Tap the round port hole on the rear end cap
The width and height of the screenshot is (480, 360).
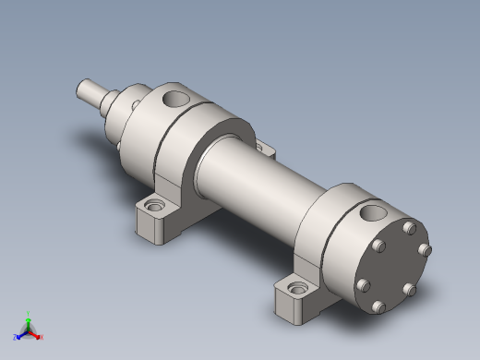click(x=374, y=213)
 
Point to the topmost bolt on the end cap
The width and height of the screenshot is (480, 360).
click(x=409, y=224)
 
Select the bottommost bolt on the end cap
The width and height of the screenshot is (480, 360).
click(x=378, y=306)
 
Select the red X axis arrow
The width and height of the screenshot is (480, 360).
click(x=36, y=334)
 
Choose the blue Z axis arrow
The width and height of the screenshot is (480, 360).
click(x=19, y=334)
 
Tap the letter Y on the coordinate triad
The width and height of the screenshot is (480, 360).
click(x=28, y=313)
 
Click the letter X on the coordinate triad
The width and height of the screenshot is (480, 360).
click(x=42, y=337)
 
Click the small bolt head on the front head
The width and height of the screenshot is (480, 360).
click(x=136, y=103)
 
